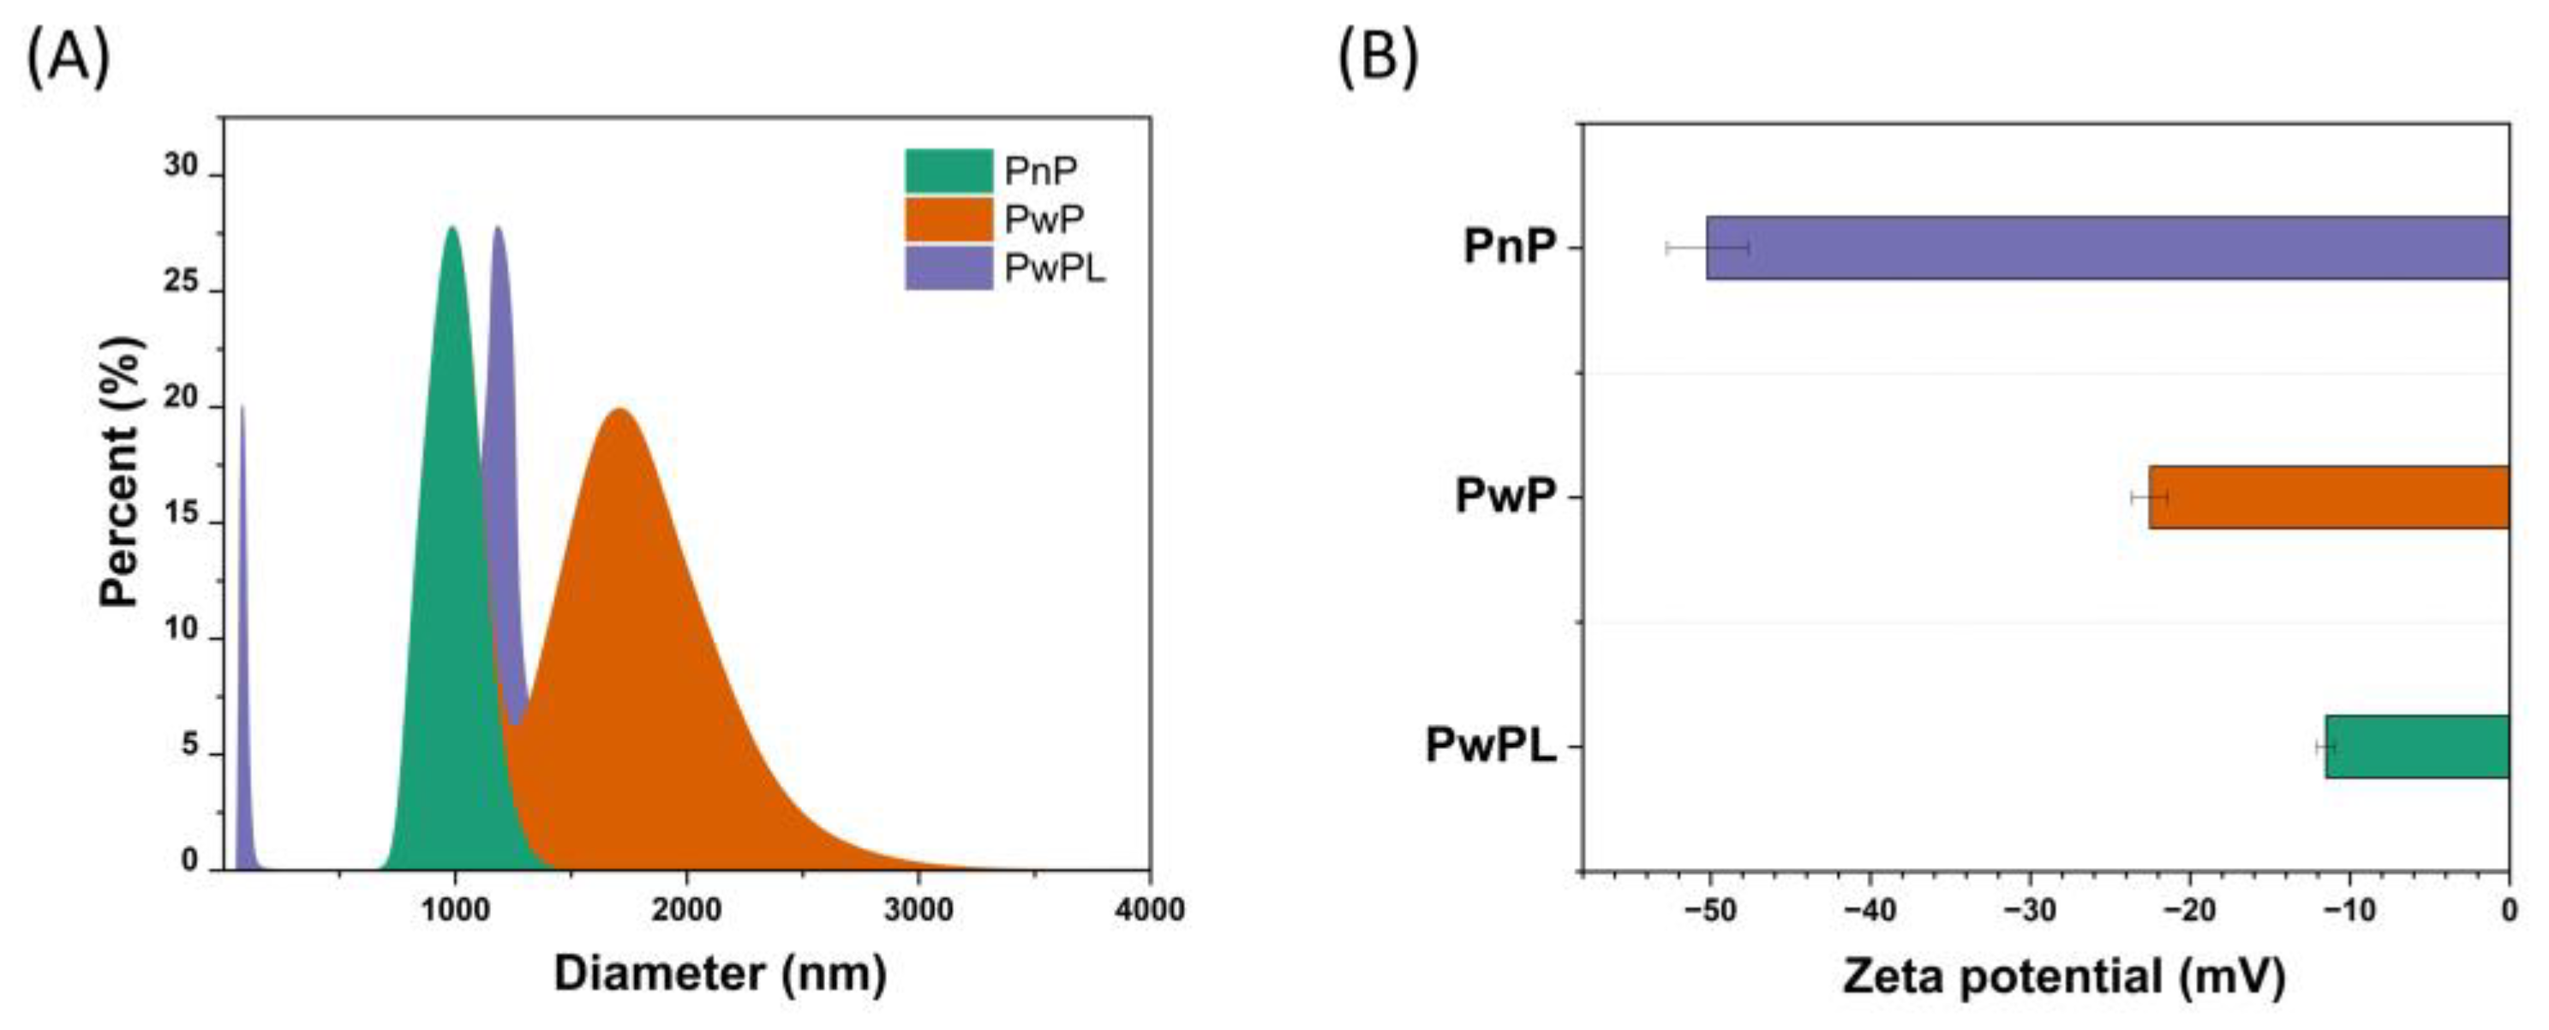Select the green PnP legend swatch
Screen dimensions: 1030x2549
(948, 171)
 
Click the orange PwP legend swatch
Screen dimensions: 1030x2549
(948, 219)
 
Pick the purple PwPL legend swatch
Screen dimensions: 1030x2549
(948, 267)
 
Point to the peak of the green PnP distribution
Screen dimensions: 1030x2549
(452, 229)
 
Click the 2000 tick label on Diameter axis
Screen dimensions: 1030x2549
(685, 909)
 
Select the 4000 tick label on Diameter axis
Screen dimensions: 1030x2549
(1149, 909)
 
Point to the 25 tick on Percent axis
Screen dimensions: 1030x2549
(181, 283)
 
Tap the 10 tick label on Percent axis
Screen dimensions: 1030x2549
(181, 631)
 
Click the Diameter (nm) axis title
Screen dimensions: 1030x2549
(720, 973)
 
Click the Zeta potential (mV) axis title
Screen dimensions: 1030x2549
(2063, 977)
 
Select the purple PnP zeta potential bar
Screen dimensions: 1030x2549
(2108, 248)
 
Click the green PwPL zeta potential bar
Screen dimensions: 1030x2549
(2416, 746)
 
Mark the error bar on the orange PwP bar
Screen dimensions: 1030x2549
(2149, 497)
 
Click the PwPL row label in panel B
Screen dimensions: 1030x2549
(1490, 746)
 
